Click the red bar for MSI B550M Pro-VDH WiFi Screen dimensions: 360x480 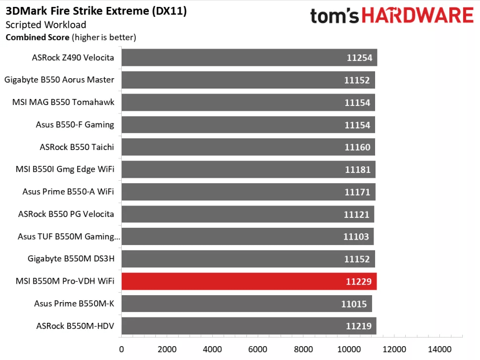(249, 281)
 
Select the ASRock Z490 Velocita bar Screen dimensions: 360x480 (249, 57)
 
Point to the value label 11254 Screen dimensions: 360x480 (359, 57)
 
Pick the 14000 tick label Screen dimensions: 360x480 (440, 349)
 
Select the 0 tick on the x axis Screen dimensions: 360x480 (121, 349)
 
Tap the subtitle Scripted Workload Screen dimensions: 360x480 (46, 25)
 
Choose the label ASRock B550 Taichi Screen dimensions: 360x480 (77, 147)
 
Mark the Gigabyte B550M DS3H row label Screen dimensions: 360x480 (71, 258)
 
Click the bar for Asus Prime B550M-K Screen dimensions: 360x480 (246, 304)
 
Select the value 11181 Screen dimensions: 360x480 (357, 169)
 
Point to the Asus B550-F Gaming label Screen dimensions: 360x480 (75, 125)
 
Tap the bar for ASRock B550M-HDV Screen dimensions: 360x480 (249, 326)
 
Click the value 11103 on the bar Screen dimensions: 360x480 (356, 237)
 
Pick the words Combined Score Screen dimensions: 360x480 (37, 37)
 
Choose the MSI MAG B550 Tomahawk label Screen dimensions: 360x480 (63, 103)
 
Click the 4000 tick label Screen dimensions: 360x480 (212, 349)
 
